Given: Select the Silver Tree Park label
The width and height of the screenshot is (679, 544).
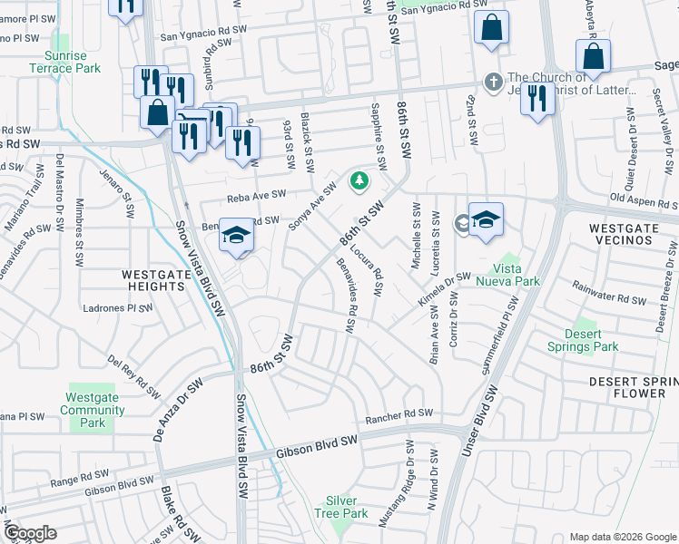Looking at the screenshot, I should point(347,507).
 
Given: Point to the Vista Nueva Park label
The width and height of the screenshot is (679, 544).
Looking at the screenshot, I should point(516,275).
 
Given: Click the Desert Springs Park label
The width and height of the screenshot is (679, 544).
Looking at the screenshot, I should point(583,340).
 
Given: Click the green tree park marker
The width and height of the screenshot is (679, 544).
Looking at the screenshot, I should point(359,180).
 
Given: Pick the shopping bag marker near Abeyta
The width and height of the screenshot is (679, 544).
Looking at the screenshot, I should point(592,55).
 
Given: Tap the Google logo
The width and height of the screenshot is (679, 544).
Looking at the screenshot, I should point(31,533).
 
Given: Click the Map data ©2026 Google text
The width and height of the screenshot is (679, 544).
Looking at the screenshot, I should point(622,537).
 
